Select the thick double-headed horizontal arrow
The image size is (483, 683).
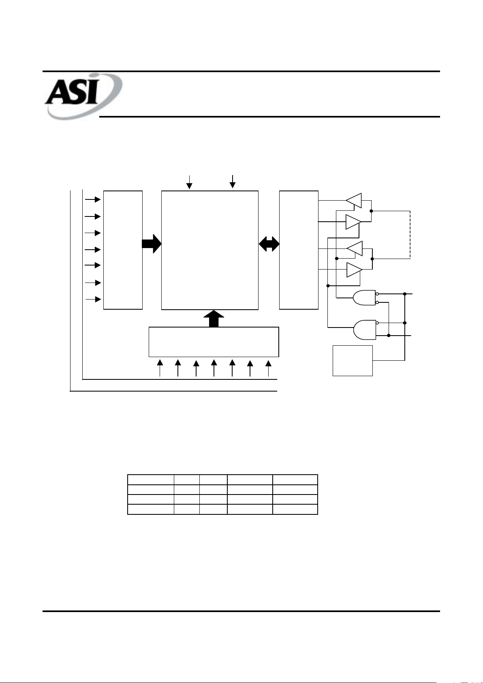(269, 244)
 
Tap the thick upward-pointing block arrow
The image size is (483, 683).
(214, 319)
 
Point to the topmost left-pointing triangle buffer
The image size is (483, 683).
(354, 200)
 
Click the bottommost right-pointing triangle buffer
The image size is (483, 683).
(353, 270)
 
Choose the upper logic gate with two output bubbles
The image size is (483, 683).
(364, 298)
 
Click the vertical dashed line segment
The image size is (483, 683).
(410, 234)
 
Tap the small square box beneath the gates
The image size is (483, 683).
(353, 360)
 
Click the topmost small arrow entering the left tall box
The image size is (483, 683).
(93, 199)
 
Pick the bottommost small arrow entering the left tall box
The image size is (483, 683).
(93, 299)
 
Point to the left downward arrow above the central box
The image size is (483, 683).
(189, 182)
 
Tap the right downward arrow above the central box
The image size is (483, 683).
(233, 181)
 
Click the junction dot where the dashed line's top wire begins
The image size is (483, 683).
(371, 211)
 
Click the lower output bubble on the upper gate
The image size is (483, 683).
(377, 302)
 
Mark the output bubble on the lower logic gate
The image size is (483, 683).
(377, 323)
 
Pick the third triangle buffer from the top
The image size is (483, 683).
(355, 248)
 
